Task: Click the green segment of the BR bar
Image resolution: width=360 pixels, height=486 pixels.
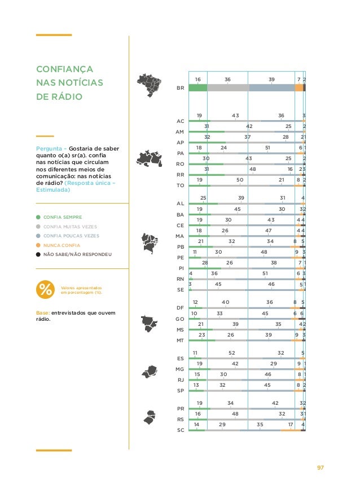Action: click(x=197, y=87)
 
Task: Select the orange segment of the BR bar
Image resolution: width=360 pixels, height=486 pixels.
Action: click(x=299, y=87)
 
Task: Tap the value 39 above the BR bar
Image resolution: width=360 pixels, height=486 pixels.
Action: click(x=271, y=80)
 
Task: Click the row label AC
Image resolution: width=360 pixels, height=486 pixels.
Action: click(x=181, y=121)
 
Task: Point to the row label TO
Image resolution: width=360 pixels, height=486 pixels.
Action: click(x=181, y=185)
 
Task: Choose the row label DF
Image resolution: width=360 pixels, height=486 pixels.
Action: click(x=181, y=308)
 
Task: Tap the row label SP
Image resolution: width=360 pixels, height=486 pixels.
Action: click(x=181, y=390)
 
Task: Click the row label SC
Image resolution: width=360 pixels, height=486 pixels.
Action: click(x=181, y=430)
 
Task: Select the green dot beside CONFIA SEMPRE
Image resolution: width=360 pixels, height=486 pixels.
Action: click(x=38, y=217)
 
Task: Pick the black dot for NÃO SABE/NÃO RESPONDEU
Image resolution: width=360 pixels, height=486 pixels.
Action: click(x=38, y=255)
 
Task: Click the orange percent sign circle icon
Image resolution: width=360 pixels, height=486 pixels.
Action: click(x=45, y=290)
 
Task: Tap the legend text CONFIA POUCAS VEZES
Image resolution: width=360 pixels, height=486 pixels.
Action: click(x=71, y=236)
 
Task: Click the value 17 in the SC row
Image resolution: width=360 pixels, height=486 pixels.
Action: click(x=291, y=424)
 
